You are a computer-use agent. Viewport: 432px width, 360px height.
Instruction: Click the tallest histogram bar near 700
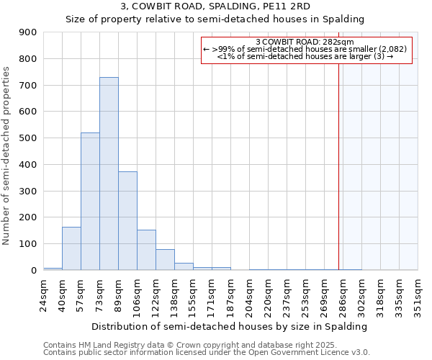(x=109, y=174)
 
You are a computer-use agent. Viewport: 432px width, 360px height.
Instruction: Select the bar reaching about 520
(x=90, y=202)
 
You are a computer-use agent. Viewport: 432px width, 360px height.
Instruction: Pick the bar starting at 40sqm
(x=71, y=248)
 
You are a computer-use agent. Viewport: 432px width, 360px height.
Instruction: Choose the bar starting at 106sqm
(x=146, y=250)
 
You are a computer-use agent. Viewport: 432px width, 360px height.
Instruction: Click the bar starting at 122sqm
(x=165, y=260)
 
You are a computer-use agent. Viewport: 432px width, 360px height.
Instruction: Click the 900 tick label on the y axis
(x=28, y=32)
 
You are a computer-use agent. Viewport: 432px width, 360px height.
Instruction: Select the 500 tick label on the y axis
(x=28, y=138)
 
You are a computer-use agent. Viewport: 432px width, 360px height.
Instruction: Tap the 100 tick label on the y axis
(x=28, y=244)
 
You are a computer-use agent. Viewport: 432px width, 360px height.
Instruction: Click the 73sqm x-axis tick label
(x=99, y=294)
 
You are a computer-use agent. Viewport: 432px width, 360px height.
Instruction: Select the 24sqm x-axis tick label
(x=43, y=294)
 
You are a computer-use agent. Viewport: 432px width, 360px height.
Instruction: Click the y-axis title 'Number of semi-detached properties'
(x=6, y=156)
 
